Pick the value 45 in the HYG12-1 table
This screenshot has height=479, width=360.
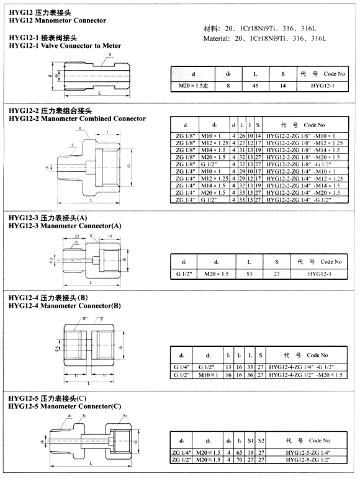(255, 85)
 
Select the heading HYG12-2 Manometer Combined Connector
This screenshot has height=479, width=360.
(77, 118)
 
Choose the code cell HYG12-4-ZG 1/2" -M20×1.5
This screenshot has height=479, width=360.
(305, 375)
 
